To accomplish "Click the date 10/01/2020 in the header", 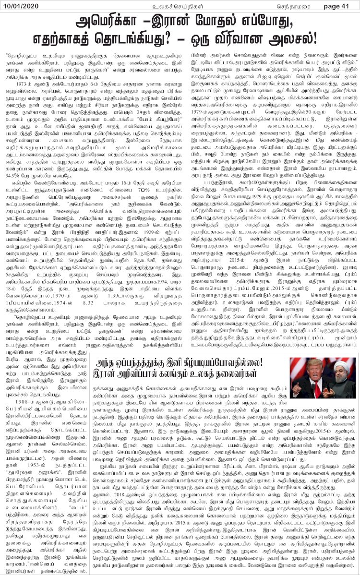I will coord(21,6).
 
